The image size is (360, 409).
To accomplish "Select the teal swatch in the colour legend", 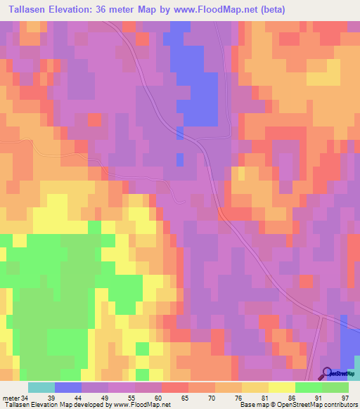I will tap(41, 387).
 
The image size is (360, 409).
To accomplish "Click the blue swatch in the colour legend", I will tap(68, 387).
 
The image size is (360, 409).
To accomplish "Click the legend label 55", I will tap(131, 398).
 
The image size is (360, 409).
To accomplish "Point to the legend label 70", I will tap(212, 398).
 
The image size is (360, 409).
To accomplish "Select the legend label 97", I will tap(344, 398).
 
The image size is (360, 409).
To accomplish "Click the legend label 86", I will tap(290, 398).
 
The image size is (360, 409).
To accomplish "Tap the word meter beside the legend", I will tap(11, 398).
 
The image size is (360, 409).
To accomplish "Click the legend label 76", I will tap(238, 398).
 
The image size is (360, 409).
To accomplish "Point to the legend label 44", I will tap(78, 398).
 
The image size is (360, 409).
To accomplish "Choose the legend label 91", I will tap(317, 398).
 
